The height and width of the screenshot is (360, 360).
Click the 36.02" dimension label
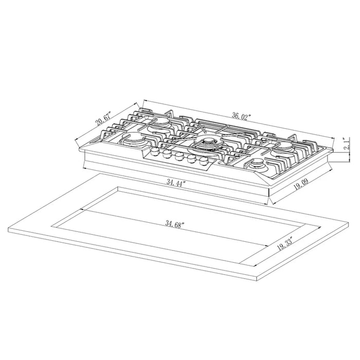(x=240, y=116)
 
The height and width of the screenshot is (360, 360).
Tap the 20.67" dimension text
(x=104, y=122)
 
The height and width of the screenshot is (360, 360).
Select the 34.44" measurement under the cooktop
(x=175, y=184)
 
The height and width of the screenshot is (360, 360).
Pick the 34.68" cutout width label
(x=175, y=224)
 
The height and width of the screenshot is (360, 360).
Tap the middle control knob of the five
(x=179, y=156)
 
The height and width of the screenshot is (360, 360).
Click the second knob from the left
(x=168, y=153)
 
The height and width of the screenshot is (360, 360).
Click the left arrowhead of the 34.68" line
(x=82, y=210)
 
